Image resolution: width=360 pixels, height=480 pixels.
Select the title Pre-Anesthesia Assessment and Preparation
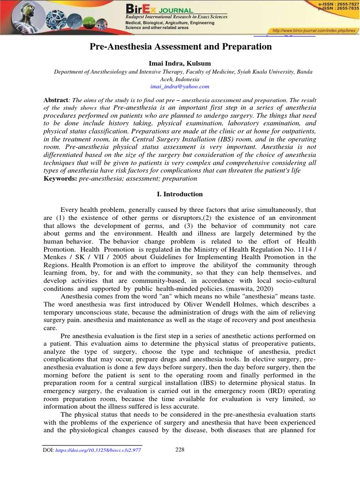pyautogui.click(x=180, y=47)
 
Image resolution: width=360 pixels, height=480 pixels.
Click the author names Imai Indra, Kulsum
pyautogui.click(x=180, y=63)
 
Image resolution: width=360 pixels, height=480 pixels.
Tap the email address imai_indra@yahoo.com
pyautogui.click(x=180, y=87)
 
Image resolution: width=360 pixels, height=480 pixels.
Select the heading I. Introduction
pyautogui.click(x=180, y=194)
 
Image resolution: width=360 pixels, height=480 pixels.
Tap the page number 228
pyautogui.click(x=180, y=450)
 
